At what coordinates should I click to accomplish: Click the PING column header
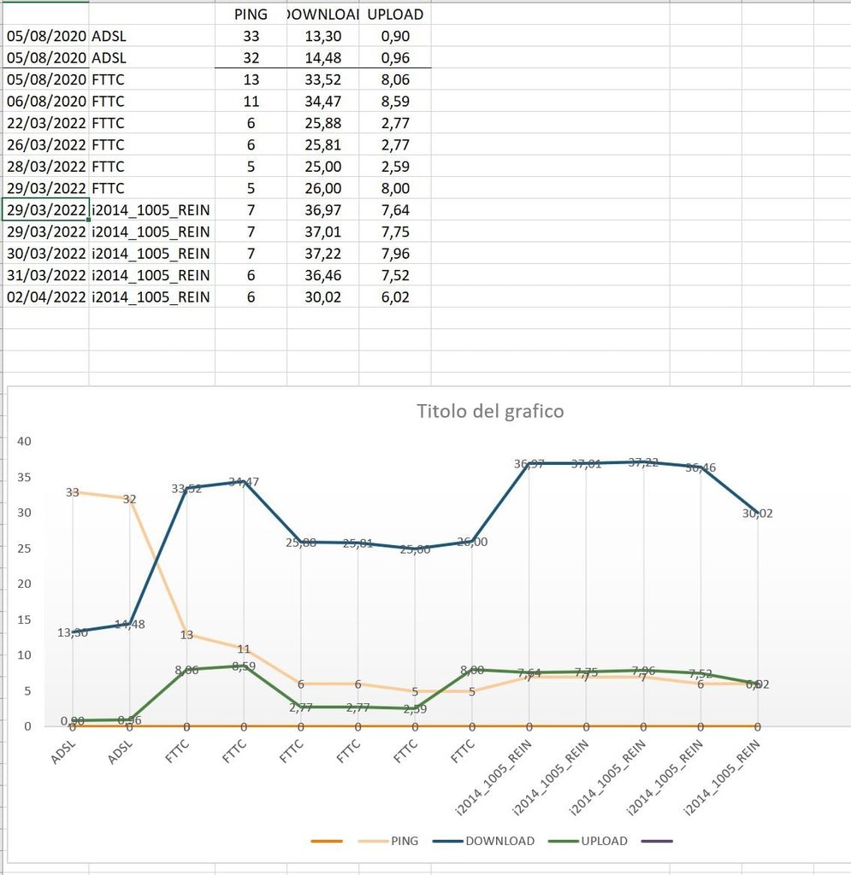[x=251, y=15]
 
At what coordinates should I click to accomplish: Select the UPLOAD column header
[x=394, y=15]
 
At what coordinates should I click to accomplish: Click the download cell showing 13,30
[x=322, y=36]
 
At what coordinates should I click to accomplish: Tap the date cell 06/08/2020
[x=46, y=102]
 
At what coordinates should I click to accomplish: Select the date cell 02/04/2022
[x=46, y=297]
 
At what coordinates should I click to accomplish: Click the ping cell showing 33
[x=251, y=36]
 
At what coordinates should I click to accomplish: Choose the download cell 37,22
[x=322, y=254]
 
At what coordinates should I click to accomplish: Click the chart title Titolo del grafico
[x=490, y=411]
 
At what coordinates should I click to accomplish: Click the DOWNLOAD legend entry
[x=499, y=841]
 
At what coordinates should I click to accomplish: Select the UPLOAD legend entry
[x=604, y=841]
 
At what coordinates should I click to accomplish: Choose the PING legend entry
[x=405, y=841]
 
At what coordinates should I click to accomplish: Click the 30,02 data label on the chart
[x=756, y=514]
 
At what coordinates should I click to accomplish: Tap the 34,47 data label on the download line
[x=244, y=482]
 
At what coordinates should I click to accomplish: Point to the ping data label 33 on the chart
[x=73, y=493]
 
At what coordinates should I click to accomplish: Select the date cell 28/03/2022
[x=46, y=167]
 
